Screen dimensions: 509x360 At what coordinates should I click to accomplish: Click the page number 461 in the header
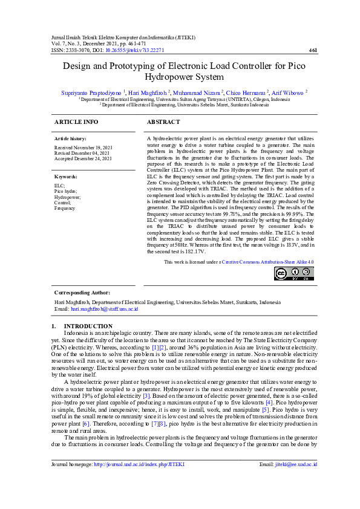click(313, 50)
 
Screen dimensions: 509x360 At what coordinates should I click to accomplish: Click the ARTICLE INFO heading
click(76, 122)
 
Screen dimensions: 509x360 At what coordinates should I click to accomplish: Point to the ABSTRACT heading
click(163, 122)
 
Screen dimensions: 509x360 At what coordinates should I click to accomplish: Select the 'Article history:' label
click(70, 139)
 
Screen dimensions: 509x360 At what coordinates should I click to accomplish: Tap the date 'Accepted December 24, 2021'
click(83, 158)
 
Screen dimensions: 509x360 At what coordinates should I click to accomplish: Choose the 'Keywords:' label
click(66, 177)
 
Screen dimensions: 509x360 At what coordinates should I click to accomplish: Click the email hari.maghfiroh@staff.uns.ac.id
click(105, 308)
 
